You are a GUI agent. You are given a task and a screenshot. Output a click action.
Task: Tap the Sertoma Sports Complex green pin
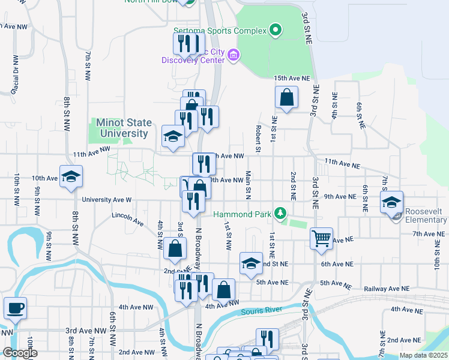point(276,29)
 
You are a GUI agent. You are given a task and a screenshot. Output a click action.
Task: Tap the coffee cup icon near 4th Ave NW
point(15,308)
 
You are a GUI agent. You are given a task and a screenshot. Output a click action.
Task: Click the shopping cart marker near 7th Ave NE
point(321,238)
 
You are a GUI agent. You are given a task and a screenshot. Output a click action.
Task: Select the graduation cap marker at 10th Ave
point(71,176)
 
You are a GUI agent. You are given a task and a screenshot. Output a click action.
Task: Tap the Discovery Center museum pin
point(234,56)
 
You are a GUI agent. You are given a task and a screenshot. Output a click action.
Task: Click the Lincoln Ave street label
point(128,218)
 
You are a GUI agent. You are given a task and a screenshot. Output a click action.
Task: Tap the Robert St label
point(257,139)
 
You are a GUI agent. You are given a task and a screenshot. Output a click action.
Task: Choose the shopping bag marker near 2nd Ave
point(174,249)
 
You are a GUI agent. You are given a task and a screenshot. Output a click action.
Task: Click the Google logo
point(20,353)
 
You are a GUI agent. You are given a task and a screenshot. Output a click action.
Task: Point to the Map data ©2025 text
point(423,355)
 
